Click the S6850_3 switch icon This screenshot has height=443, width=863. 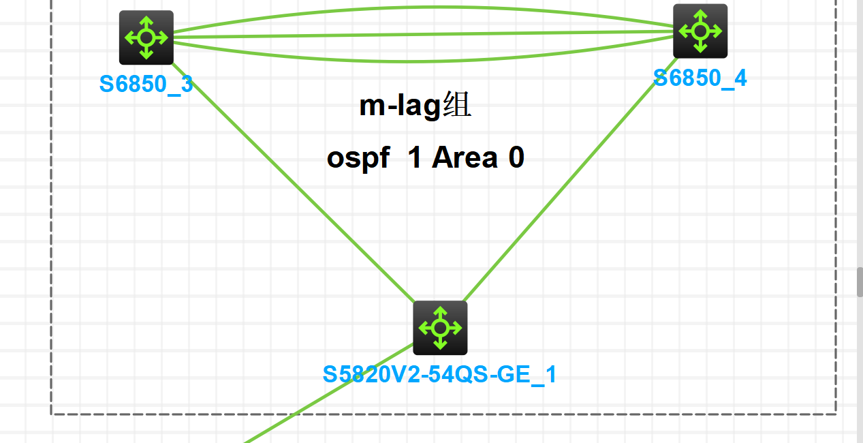click(146, 37)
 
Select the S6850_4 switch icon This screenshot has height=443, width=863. click(700, 31)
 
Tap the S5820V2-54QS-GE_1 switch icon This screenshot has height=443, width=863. click(440, 328)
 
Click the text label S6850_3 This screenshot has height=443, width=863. click(146, 84)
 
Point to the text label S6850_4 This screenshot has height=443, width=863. click(700, 78)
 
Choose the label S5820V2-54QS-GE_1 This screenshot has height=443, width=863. click(439, 374)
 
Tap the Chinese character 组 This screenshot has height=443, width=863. click(456, 106)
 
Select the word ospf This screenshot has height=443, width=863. click(358, 158)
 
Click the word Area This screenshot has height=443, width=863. click(464, 158)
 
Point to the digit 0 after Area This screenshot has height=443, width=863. click(516, 158)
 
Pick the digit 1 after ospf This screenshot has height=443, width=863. click(413, 158)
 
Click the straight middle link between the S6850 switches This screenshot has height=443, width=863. click(422, 33)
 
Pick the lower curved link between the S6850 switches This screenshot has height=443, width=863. click(422, 59)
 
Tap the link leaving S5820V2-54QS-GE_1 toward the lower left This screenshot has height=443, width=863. click(327, 395)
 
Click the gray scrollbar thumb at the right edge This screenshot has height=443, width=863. click(860, 281)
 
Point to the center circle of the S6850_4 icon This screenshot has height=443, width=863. click(700, 31)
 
